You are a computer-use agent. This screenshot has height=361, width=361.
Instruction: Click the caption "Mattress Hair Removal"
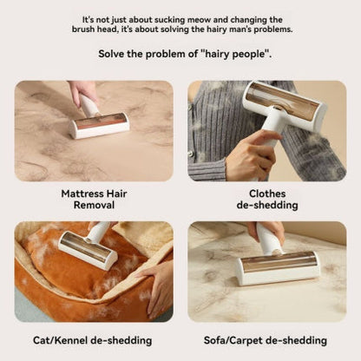click(x=93, y=199)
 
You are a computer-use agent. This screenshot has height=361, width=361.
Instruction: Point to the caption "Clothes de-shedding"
click(x=266, y=199)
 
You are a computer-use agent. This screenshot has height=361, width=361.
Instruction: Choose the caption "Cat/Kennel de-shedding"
click(x=93, y=339)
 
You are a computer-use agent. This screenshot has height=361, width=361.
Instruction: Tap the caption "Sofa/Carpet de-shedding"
click(x=266, y=339)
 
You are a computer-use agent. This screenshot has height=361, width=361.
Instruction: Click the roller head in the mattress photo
click(x=101, y=126)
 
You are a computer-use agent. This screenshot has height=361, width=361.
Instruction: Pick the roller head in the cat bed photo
click(x=88, y=250)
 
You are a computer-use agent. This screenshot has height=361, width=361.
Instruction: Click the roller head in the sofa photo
click(x=279, y=266)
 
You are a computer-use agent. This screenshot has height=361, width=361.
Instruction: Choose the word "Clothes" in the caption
click(x=266, y=193)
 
